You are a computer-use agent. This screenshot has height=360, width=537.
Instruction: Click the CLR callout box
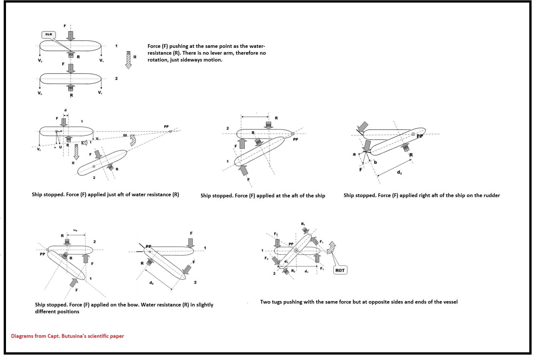(49, 34)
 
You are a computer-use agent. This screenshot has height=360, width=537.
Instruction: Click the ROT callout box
(340, 270)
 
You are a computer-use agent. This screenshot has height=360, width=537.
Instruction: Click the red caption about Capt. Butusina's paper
(68, 336)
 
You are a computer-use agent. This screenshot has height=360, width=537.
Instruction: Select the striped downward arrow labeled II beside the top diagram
(129, 60)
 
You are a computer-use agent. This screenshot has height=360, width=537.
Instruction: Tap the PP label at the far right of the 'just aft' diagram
(166, 126)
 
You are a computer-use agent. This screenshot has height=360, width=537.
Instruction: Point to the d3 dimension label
(399, 173)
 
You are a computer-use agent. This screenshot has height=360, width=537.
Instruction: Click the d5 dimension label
(151, 283)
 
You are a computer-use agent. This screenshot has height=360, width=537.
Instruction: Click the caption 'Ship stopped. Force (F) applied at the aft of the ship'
(263, 196)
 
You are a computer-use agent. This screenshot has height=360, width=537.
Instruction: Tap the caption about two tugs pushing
(359, 302)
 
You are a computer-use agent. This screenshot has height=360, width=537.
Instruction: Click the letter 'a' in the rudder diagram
(354, 154)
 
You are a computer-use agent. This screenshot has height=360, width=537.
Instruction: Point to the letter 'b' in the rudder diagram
(375, 162)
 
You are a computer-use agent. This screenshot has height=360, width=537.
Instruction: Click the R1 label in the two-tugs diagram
(303, 224)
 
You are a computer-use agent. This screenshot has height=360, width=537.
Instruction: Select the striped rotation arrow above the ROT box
(331, 248)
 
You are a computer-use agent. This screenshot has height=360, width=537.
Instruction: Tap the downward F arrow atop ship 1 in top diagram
(71, 36)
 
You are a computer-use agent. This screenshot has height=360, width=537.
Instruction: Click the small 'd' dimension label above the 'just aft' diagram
(66, 110)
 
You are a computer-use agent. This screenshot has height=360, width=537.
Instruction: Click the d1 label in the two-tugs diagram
(306, 271)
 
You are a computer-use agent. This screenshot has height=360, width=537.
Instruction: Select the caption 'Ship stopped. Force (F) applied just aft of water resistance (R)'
(105, 195)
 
